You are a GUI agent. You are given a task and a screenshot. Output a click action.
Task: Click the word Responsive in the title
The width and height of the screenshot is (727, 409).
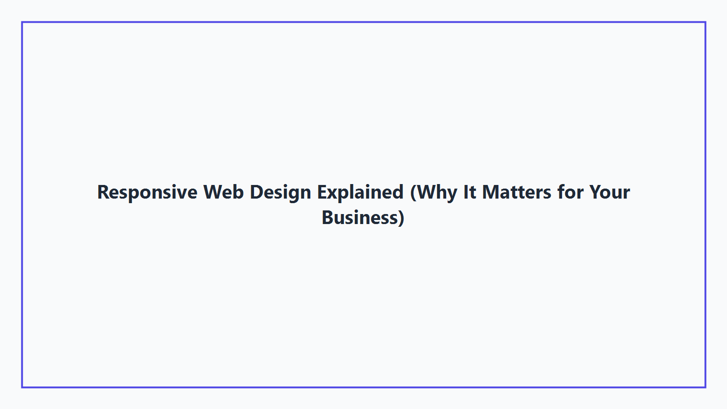tap(147, 192)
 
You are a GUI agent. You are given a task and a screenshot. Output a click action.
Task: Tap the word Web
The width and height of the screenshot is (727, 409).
tap(224, 192)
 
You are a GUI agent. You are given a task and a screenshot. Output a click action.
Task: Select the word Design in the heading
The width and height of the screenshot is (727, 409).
tap(280, 192)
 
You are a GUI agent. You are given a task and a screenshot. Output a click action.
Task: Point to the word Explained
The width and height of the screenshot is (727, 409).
tap(360, 192)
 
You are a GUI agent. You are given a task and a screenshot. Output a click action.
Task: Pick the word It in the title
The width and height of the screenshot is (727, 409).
tap(470, 192)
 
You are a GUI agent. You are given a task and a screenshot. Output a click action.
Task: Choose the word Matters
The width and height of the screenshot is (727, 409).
tap(517, 192)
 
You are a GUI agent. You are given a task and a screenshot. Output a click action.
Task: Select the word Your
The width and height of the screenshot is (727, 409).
tap(610, 192)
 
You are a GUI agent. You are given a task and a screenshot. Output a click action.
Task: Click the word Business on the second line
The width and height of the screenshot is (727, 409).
tap(360, 218)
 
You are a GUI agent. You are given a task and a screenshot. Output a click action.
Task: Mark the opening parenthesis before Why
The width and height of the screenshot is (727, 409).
tap(413, 193)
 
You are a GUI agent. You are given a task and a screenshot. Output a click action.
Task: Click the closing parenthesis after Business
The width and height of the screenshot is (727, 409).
tap(401, 218)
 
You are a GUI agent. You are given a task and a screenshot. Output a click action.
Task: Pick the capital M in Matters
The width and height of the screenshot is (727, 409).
tap(491, 192)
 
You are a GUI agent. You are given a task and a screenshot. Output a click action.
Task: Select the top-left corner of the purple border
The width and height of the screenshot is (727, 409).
tap(22, 22)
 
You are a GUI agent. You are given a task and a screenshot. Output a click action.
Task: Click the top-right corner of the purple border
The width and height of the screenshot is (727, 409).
tap(705, 22)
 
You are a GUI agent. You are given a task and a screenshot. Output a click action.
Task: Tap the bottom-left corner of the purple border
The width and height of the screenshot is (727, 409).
tap(22, 387)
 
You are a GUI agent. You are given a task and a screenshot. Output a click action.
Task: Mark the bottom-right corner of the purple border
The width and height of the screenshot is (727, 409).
tap(705, 387)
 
